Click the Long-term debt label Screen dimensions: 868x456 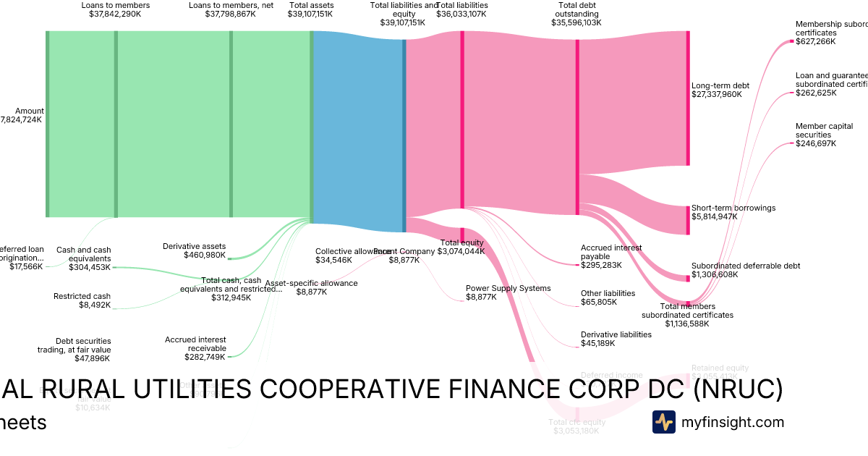coord(720,85)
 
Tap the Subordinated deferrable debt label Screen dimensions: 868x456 coord(745,266)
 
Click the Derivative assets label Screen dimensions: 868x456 coord(194,246)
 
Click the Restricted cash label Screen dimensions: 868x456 coord(82,296)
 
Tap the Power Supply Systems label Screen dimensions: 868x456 coord(508,288)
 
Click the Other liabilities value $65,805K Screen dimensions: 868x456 coord(599,302)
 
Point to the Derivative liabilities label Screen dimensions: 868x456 coord(616,334)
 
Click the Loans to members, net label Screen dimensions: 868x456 coord(231,5)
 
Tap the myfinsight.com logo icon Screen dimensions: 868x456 coord(663,422)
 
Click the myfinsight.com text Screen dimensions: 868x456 coord(732,422)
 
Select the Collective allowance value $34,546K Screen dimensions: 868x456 coord(333,260)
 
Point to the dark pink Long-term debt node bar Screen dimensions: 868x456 coord(687,98)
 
